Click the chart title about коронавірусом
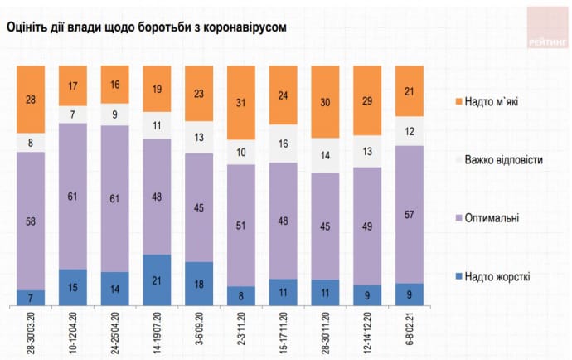(x=147, y=27)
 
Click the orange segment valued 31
(x=242, y=102)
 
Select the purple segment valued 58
(x=30, y=221)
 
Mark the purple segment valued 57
(x=410, y=214)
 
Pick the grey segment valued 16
(x=284, y=144)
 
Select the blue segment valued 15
(x=72, y=289)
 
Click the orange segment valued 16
(x=114, y=85)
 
